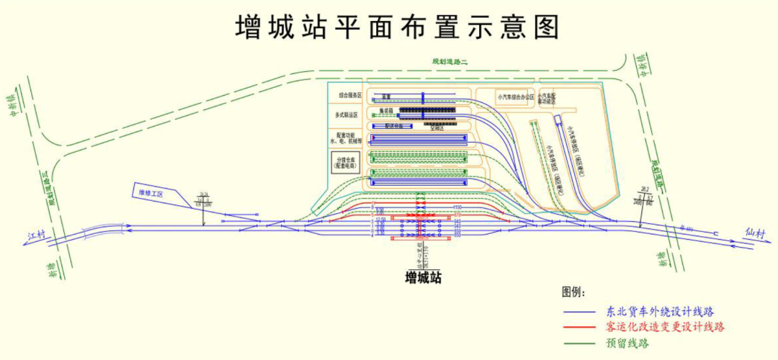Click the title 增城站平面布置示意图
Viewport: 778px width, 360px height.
tap(398, 27)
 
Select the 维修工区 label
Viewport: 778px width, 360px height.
tap(151, 193)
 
